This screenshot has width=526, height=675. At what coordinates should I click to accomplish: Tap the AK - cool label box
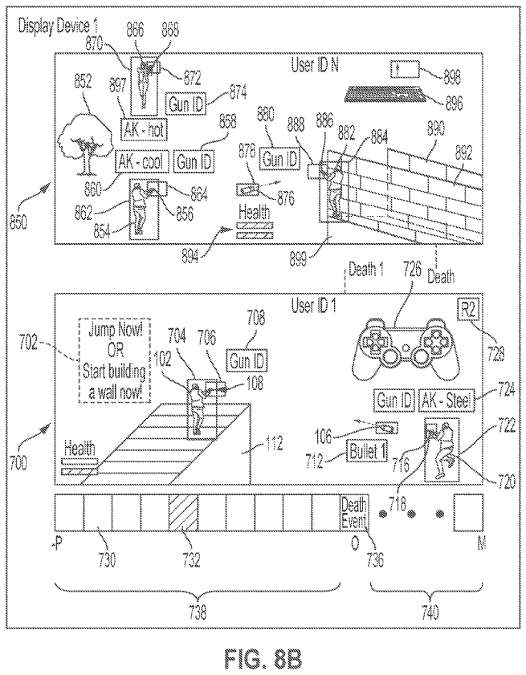(x=140, y=162)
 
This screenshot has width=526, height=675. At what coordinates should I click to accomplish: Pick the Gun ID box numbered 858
(x=194, y=161)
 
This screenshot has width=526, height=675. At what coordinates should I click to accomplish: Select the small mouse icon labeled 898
(x=402, y=68)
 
